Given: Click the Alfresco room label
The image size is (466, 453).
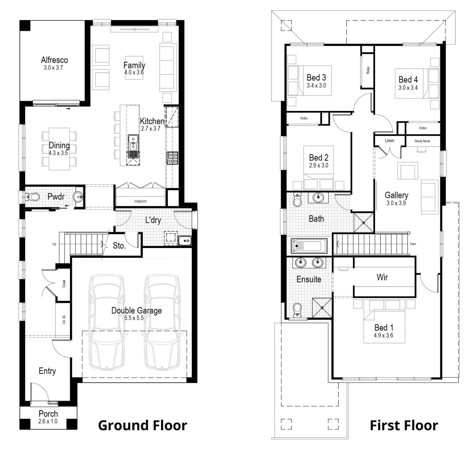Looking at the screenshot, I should click(x=54, y=60).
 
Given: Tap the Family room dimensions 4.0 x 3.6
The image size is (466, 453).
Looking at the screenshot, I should click(x=134, y=72).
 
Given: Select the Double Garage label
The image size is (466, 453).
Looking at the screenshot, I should click(x=136, y=311).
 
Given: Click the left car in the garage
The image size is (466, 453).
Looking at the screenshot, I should click(x=106, y=322).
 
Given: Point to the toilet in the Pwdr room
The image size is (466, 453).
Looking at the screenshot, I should click(x=33, y=197).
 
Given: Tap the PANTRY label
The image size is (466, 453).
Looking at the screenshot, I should click(x=140, y=201).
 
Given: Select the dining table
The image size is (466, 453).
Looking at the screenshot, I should click(x=59, y=149).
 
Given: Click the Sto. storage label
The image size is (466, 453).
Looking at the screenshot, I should click(x=119, y=246).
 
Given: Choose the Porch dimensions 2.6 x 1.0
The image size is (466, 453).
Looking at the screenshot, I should click(x=48, y=421).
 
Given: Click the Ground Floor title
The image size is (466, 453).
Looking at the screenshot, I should click(x=143, y=425).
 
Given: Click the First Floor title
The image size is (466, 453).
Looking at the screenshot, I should click(x=404, y=425).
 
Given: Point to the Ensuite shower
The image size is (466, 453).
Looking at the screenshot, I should click(x=323, y=308).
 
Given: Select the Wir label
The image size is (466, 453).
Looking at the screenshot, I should click(x=382, y=277).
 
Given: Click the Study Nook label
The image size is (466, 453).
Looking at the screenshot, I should click(x=422, y=141).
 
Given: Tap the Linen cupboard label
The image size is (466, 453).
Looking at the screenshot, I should click(x=389, y=141).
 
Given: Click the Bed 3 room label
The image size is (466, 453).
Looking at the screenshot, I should click(x=316, y=78).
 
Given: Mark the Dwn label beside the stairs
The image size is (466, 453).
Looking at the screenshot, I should click(x=413, y=244).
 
